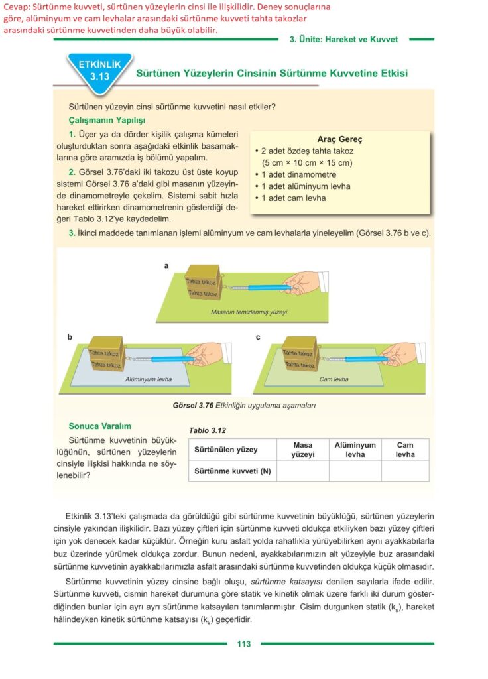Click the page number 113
point(243,643)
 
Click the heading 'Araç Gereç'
point(339,139)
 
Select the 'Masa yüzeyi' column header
point(302,450)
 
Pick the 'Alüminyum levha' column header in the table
point(355,450)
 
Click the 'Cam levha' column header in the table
point(404,450)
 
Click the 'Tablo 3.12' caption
point(208,430)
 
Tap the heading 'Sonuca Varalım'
point(100,426)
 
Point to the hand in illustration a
point(302,282)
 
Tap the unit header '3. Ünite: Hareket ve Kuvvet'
point(343,40)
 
